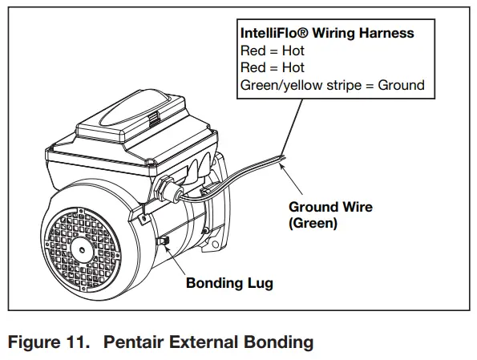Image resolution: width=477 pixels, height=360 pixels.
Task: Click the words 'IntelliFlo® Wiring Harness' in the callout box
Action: pos(327,34)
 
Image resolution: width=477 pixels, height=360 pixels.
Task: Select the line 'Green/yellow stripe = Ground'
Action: pos(333,85)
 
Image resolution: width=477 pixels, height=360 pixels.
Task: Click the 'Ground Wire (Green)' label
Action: pos(330,216)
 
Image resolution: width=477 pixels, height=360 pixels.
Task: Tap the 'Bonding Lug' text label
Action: pos(229,283)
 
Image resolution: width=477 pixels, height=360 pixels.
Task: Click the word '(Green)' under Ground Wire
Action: pos(313,224)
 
